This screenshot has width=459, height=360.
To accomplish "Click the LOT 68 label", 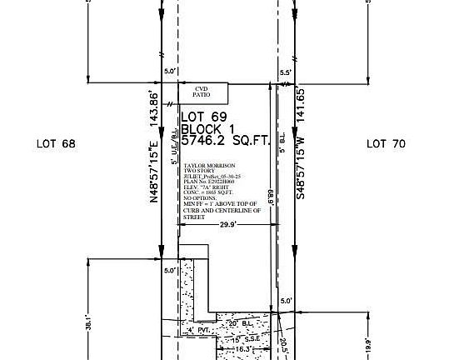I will (56, 144).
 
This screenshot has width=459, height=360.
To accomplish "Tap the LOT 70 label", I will (386, 144).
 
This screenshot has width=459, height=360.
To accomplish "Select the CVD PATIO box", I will (201, 92).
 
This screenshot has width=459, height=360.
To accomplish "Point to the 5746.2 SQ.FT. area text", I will (226, 142).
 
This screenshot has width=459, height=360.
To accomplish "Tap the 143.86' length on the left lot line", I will (153, 107).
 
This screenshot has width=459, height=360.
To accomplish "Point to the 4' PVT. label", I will (197, 332).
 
